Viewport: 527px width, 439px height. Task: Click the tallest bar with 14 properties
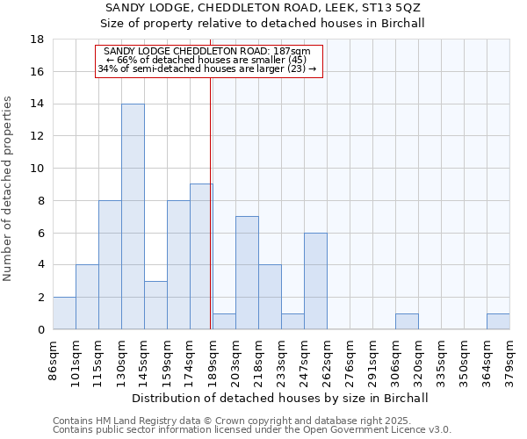point(133,217)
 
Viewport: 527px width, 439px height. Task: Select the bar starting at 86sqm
point(64,313)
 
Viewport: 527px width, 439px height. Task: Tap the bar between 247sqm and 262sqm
point(315,281)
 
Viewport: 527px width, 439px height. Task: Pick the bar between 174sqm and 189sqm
point(201,256)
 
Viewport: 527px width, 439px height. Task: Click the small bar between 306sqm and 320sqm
point(407,321)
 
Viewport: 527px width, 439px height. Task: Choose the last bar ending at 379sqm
point(498,321)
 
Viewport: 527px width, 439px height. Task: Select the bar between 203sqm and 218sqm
point(247,272)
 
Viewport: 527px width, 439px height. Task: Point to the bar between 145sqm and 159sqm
point(155,305)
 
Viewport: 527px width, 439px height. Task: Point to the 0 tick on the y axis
point(41,329)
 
